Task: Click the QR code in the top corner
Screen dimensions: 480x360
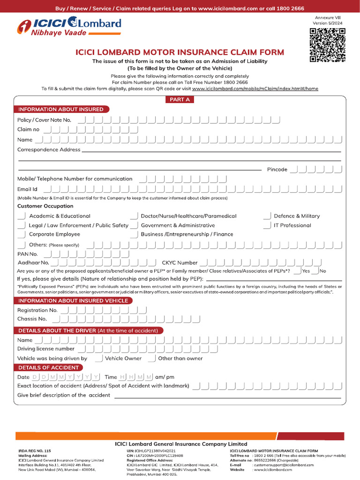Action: coord(328,45)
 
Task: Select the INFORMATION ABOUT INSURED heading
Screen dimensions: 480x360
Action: coord(60,109)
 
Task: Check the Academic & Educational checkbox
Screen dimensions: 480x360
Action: coord(22,216)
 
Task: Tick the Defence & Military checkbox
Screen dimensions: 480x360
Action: coord(267,216)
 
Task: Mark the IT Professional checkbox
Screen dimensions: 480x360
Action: coord(267,225)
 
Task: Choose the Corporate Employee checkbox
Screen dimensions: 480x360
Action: coord(22,234)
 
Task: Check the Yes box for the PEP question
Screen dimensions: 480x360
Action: coord(297,271)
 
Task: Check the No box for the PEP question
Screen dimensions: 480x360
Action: coord(315,271)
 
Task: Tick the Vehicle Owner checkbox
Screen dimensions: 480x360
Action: coord(99,359)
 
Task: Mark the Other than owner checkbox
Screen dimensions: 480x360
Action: coord(152,359)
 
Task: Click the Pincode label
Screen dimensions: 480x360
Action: coord(277,169)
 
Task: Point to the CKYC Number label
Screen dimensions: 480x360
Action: coord(180,263)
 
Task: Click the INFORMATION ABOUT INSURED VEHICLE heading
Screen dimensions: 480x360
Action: coord(73,300)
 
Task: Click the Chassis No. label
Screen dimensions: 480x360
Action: coord(32,319)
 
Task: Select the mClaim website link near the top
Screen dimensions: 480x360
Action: coord(255,88)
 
